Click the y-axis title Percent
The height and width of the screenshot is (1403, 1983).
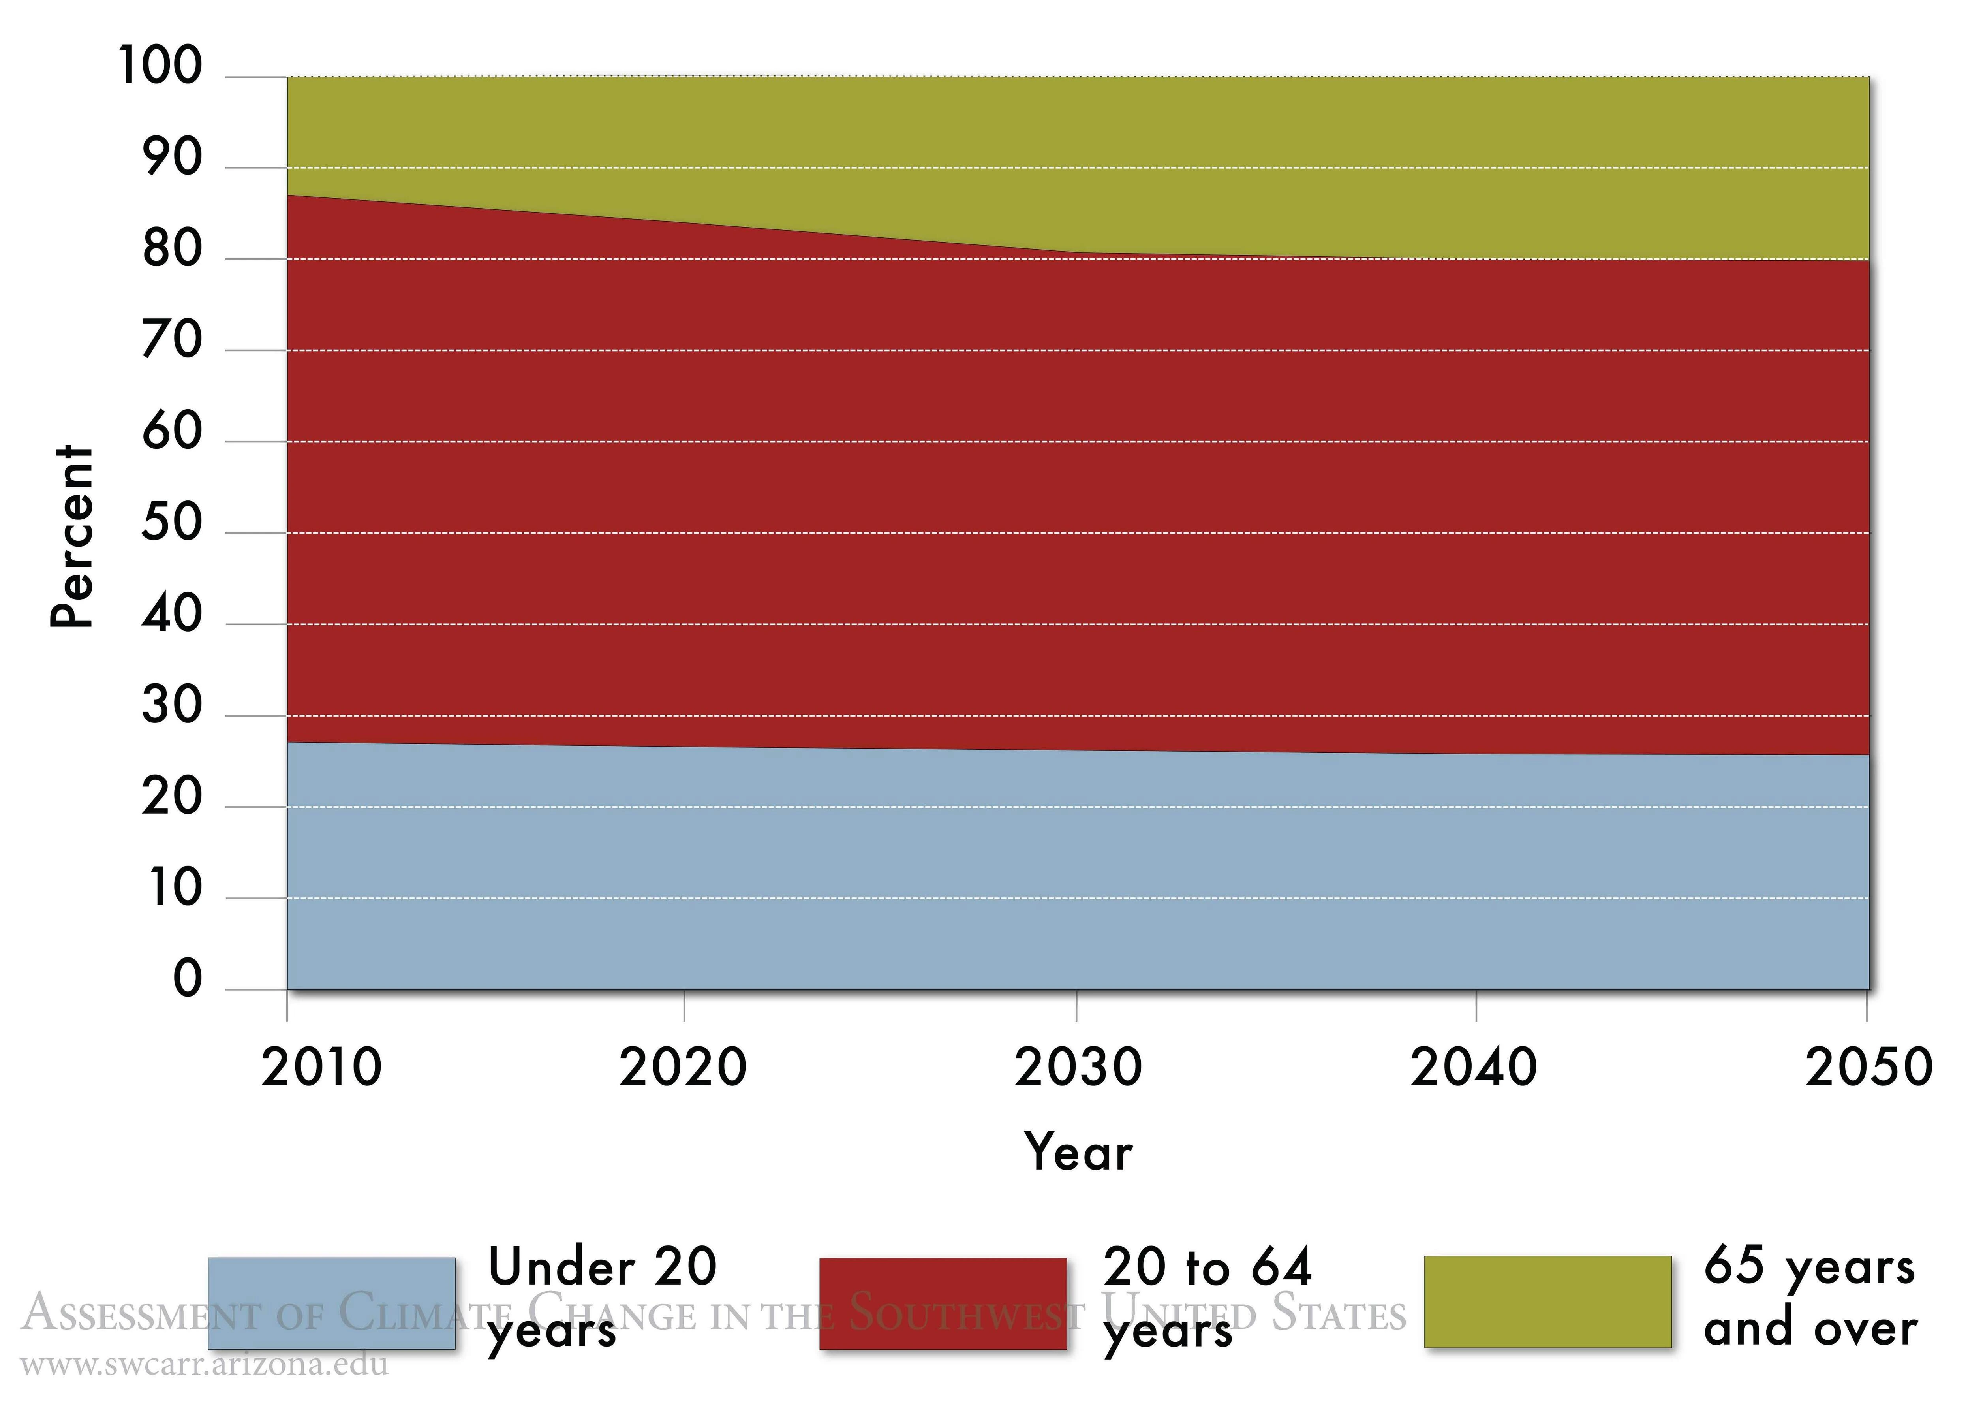[71, 537]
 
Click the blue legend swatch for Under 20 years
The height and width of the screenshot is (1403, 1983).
[332, 1303]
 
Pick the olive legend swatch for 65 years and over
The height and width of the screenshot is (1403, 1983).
[1548, 1301]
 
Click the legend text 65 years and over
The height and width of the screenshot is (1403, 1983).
[1810, 1298]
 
